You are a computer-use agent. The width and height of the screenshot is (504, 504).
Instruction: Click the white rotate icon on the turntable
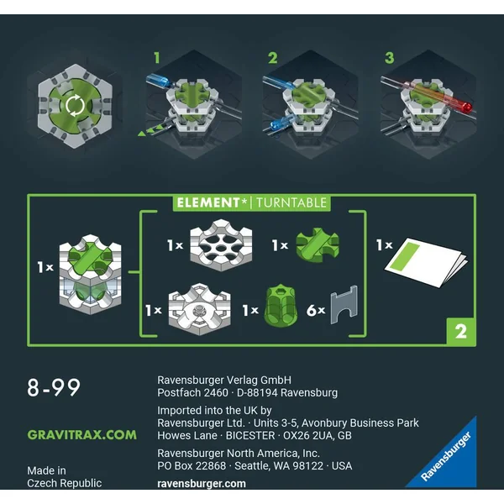(75, 105)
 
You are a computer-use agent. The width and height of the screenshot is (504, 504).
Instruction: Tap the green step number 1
(157, 58)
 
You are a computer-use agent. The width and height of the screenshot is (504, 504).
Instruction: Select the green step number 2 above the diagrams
(272, 58)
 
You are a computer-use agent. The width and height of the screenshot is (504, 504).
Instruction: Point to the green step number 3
(389, 58)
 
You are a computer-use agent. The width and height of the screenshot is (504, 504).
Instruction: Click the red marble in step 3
(466, 108)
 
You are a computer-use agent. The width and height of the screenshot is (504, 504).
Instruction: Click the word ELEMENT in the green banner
(208, 202)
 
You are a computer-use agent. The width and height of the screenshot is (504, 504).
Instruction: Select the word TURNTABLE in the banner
(291, 203)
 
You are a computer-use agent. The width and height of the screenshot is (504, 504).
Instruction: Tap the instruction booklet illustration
(426, 262)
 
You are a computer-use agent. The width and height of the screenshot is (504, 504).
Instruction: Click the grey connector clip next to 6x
(344, 304)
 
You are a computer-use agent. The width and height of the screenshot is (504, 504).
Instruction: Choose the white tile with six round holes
(221, 245)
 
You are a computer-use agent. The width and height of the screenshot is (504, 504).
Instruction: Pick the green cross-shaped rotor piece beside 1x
(318, 245)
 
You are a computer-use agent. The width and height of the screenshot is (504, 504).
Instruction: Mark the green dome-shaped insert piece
(281, 306)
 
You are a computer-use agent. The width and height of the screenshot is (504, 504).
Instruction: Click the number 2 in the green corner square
(460, 331)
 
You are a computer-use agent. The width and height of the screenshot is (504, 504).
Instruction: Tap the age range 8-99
(54, 387)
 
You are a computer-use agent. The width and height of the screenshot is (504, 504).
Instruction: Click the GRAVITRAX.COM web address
(82, 435)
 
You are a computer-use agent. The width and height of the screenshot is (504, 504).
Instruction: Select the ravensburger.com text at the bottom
(202, 484)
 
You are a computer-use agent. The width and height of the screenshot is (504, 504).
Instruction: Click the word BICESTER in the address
(250, 435)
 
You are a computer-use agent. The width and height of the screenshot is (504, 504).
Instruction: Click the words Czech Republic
(65, 483)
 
